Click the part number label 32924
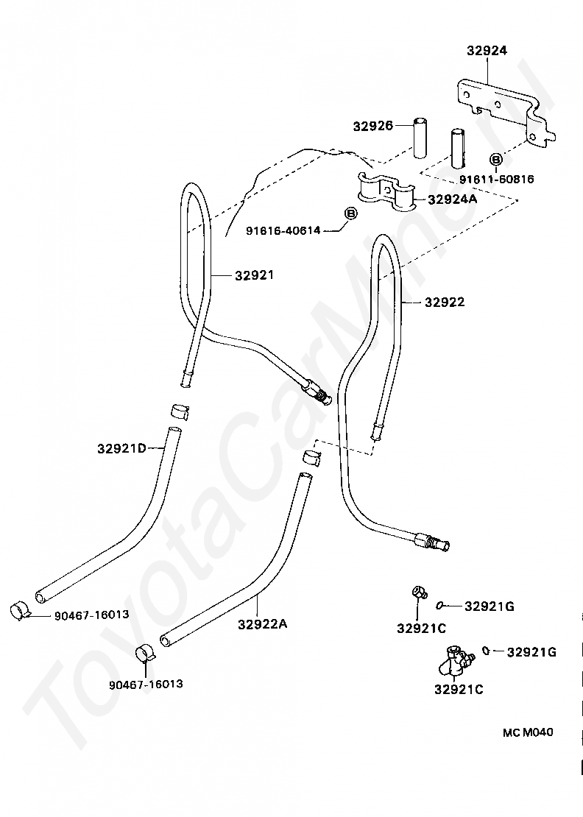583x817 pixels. coord(487,51)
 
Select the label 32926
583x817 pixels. coord(373,126)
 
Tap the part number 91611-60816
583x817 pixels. coord(497,180)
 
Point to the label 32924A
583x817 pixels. coord(452,199)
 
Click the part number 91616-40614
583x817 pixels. coord(283,230)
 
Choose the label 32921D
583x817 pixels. coord(122,448)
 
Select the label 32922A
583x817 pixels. coord(263,623)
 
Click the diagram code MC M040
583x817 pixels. coord(528,732)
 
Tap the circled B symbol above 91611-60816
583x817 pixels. coord(496,160)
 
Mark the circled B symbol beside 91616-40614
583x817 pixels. coord(350,213)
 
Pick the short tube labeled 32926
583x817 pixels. coord(420,138)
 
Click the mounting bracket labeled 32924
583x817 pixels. coord(503,110)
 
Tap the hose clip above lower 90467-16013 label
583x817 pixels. coord(145,654)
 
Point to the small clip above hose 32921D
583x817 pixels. coord(180,411)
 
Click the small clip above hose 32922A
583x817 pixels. coord(312,457)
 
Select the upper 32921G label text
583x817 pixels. coord(490,606)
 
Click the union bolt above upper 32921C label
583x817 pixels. coord(419,592)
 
